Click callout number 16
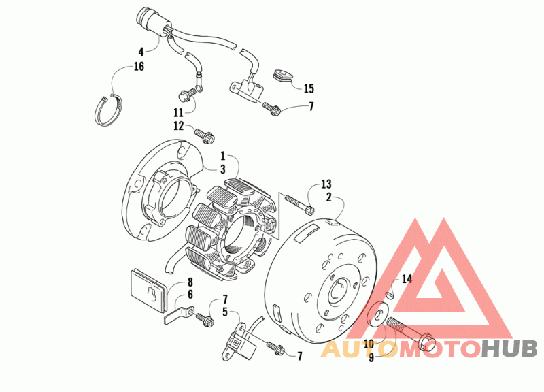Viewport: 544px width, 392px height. tap(139, 67)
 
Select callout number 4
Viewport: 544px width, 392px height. tap(141, 51)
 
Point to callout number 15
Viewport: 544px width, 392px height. tap(309, 88)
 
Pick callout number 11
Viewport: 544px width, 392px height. tap(178, 112)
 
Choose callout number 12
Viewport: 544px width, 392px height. tap(178, 126)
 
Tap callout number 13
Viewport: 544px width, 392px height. tap(326, 184)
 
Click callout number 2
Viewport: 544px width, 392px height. tap(328, 197)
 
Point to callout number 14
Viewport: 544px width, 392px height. tap(407, 279)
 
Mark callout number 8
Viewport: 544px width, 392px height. tap(190, 282)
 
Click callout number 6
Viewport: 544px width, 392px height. tap(190, 294)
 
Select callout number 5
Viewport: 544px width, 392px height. tap(224, 312)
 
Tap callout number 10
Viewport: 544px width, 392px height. tap(369, 344)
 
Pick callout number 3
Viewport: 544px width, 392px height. tap(222, 169)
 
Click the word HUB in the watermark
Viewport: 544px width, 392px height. tap(509, 349)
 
